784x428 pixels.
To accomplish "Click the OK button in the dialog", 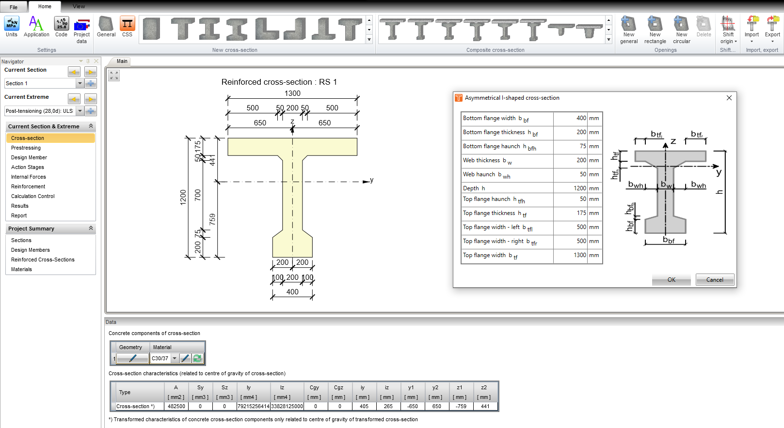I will pos(671,280).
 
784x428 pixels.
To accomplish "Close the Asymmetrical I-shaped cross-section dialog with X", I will pos(729,98).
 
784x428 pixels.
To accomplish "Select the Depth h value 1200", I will pos(570,188).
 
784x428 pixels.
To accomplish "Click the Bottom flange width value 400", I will pos(570,118).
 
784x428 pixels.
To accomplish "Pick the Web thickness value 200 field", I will pos(570,160).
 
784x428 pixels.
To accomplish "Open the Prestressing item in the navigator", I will pos(26,148).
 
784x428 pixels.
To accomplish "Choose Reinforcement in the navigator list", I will pos(28,186).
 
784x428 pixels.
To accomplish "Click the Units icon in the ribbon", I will pos(12,27).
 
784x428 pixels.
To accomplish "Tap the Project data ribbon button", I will pos(81,30).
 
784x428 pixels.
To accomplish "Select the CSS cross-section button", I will pos(127,27).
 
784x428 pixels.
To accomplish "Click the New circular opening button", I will pos(681,30).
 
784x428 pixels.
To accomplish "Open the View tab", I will pos(79,6).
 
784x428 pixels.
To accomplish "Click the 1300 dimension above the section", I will pos(292,93).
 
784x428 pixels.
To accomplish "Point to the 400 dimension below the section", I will pos(292,292).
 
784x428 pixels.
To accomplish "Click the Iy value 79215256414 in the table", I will pos(254,406).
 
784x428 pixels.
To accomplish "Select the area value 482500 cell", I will pos(176,406).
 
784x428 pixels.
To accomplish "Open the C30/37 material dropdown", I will pos(175,358).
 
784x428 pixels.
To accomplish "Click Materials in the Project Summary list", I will pos(21,269).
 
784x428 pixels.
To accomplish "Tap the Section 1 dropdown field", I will pos(41,83).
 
